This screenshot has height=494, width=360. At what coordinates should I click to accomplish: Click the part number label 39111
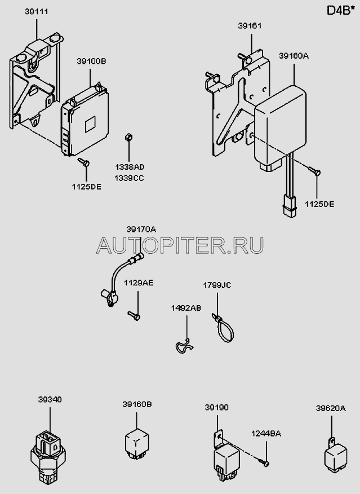click(35, 11)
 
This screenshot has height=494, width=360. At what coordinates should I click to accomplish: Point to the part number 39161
click(250, 27)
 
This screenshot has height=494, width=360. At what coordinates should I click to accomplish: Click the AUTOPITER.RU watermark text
click(180, 245)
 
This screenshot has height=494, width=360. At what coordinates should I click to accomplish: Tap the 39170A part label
click(141, 229)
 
